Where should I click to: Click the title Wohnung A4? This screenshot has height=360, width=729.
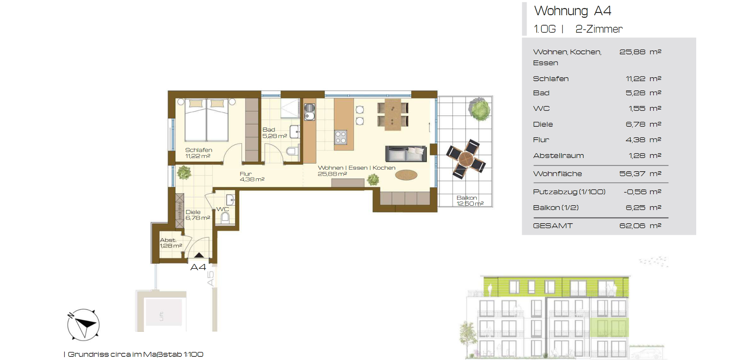point(573,11)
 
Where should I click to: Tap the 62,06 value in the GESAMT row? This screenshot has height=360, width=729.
point(632,226)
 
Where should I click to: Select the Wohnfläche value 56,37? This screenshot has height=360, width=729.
point(632,174)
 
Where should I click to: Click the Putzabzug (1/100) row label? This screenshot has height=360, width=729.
point(569,192)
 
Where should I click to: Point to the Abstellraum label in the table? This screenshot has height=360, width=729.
point(558,156)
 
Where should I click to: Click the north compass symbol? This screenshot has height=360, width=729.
point(83,324)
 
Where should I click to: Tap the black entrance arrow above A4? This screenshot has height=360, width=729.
point(199,255)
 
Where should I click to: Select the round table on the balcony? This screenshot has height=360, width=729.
point(466,159)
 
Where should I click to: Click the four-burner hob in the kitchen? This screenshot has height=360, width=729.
point(340,137)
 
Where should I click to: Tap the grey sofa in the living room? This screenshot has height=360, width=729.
point(405,154)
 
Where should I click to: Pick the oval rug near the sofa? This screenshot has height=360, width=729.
point(406,175)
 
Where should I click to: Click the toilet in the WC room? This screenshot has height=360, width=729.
point(225,217)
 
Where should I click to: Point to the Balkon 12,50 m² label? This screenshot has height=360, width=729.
point(470,201)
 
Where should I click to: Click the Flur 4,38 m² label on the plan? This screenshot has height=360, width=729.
point(252,176)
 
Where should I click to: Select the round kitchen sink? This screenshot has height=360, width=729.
point(310,116)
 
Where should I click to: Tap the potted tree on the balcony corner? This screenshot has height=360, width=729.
point(479,109)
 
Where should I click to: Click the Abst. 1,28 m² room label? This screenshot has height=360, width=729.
point(171,243)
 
